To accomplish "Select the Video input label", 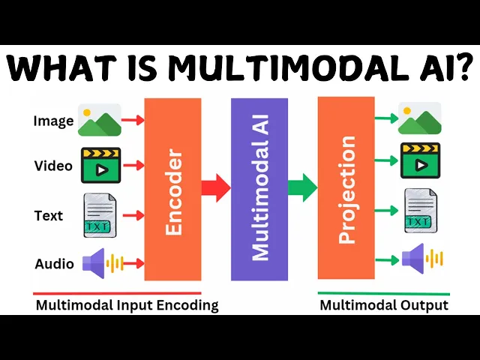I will point(53,166).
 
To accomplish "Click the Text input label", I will point(49,216).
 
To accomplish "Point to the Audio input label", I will point(54,263).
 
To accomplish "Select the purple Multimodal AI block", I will point(259,189).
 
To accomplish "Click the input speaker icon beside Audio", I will point(102,262).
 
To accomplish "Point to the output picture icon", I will point(420,118).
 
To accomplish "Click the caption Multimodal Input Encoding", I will point(127,305).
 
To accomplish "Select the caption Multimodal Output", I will point(384,305).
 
